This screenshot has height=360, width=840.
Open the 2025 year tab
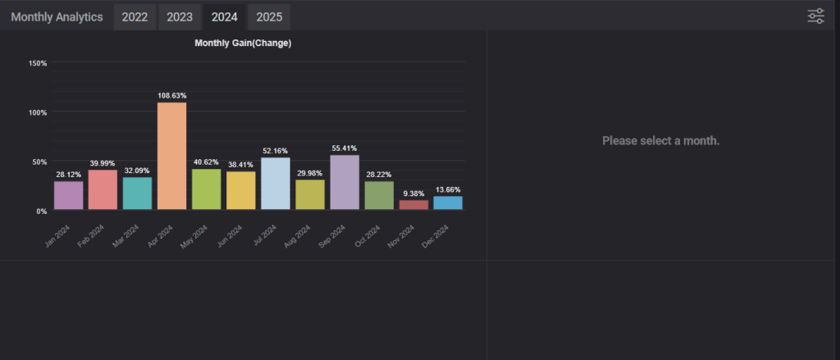point(268,16)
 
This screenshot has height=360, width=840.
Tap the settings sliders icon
point(815,16)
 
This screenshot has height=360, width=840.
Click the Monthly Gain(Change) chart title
point(243,43)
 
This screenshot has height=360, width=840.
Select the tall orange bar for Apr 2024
point(171,156)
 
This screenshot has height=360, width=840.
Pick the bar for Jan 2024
point(68,195)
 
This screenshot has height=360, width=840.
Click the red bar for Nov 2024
point(413,205)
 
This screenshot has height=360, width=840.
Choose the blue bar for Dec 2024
point(448,203)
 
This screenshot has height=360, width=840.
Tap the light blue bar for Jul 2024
point(275,184)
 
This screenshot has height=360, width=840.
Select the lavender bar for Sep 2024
point(345,182)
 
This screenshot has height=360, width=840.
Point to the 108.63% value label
point(171,96)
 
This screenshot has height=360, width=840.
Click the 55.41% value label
point(345,148)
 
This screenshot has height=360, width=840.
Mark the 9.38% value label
point(413,194)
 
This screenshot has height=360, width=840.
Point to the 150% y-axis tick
point(38,63)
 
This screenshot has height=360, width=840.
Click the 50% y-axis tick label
point(39,162)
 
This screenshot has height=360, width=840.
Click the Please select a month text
point(660,141)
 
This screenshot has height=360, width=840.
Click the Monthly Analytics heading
point(57,16)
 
